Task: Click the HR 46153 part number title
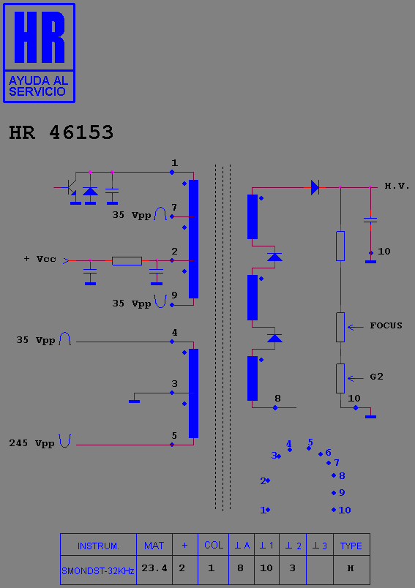61,132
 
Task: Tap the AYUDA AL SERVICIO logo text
38,86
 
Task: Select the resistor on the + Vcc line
127,260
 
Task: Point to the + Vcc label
40,259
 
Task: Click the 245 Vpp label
32,443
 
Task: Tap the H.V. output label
397,186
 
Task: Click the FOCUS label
386,325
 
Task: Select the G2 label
376,377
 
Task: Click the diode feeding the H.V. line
315,187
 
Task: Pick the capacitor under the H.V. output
370,220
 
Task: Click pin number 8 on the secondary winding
277,399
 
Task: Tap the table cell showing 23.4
154,568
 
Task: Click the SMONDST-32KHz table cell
98,570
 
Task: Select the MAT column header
154,546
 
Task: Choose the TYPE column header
351,546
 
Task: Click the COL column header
214,545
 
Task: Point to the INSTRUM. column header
98,546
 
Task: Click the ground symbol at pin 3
135,402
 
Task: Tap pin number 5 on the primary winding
174,435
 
